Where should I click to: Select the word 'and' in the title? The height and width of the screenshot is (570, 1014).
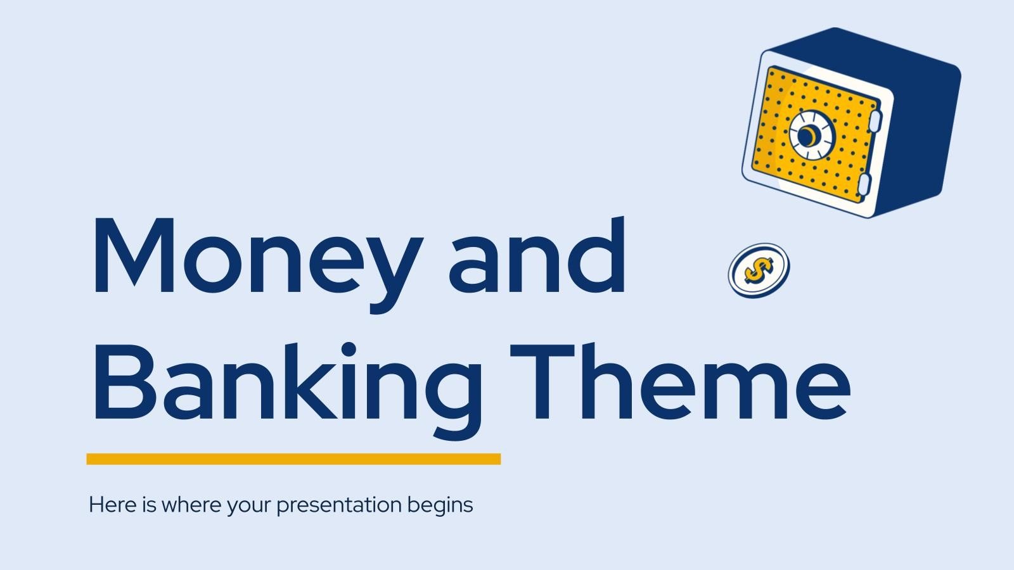[537, 256]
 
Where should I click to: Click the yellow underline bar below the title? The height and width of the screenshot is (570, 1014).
[293, 459]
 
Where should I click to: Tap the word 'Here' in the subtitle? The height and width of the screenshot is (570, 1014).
[105, 505]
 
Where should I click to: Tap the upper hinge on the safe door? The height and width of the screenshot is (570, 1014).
[875, 120]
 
